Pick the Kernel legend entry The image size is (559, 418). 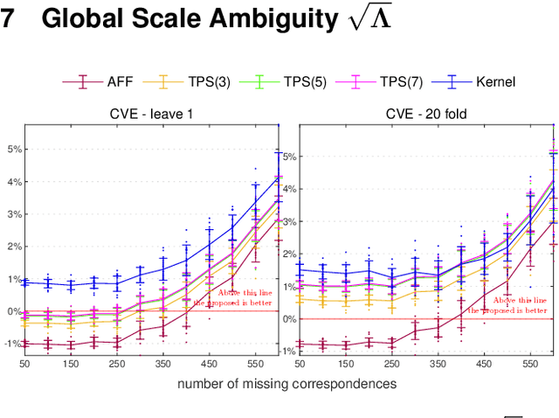click(494, 82)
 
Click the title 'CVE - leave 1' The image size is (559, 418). click(151, 115)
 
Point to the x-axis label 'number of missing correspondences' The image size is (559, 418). click(286, 383)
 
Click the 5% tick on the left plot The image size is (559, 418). click(13, 149)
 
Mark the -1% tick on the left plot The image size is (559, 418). click(11, 344)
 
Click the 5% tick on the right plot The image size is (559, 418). click(289, 157)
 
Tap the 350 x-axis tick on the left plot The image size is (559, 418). click(162, 363)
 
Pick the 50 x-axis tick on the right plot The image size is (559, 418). click(300, 363)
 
